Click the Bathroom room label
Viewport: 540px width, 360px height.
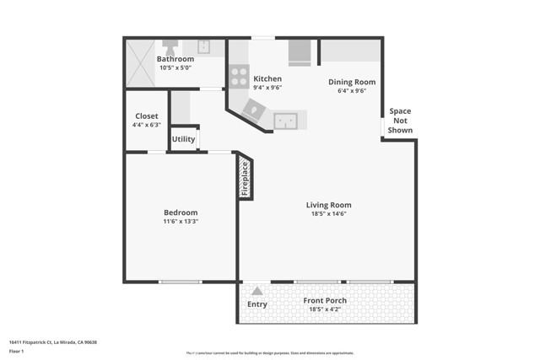pyautogui.click(x=175, y=59)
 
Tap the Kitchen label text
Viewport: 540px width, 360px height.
pyautogui.click(x=267, y=78)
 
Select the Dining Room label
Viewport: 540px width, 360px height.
pyautogui.click(x=352, y=82)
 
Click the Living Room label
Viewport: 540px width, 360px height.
pyautogui.click(x=328, y=205)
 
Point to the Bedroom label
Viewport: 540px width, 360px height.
pyautogui.click(x=181, y=212)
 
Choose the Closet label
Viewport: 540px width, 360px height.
pyautogui.click(x=146, y=116)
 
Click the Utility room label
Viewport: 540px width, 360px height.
pyautogui.click(x=183, y=139)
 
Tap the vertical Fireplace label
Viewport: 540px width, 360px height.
pyautogui.click(x=246, y=178)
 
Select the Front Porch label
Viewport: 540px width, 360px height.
pyautogui.click(x=325, y=301)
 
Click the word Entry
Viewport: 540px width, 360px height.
pyautogui.click(x=256, y=304)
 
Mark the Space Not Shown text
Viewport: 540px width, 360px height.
pyautogui.click(x=400, y=121)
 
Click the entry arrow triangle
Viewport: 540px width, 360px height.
pyautogui.click(x=256, y=291)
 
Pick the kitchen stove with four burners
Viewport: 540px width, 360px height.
pyautogui.click(x=239, y=77)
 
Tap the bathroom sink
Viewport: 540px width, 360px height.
pyautogui.click(x=204, y=46)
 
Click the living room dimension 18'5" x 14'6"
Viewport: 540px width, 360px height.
pyautogui.click(x=328, y=214)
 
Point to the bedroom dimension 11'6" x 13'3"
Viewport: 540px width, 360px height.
pyautogui.click(x=181, y=221)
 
